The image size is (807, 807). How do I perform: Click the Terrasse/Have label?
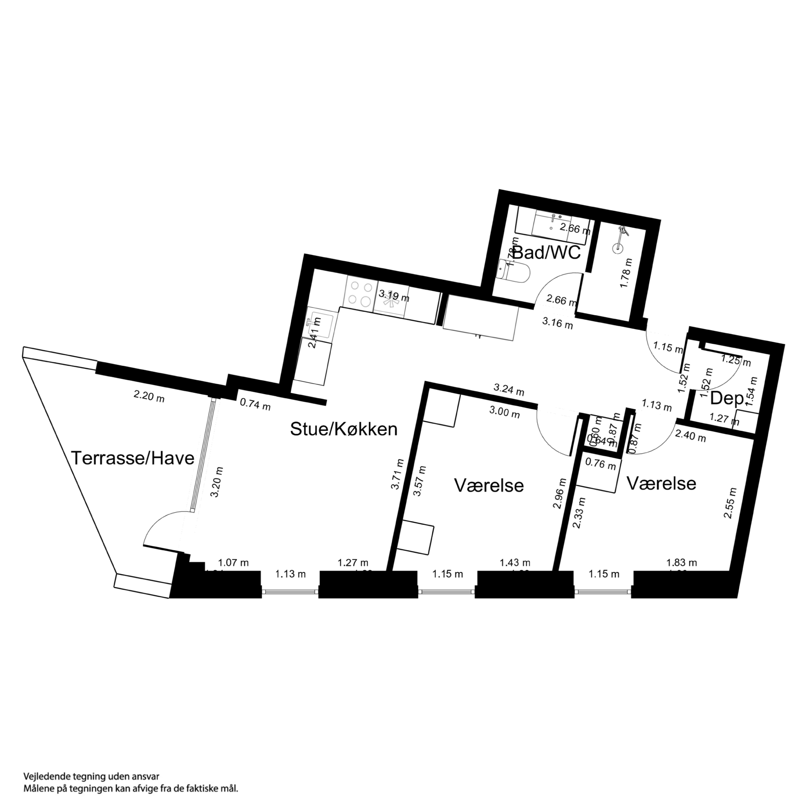tap(132, 458)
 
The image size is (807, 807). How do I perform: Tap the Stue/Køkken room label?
tap(343, 429)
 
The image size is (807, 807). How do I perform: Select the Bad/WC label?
tap(546, 252)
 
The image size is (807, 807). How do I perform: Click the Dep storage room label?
tap(726, 399)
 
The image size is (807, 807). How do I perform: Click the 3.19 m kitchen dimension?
tap(394, 296)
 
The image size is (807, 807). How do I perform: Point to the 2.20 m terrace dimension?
tap(149, 396)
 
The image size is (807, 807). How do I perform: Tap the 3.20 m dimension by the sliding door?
tap(217, 481)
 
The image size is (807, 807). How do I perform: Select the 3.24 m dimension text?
tap(509, 390)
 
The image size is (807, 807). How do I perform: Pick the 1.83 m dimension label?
tap(682, 562)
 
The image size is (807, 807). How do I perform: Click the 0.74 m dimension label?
tap(255, 405)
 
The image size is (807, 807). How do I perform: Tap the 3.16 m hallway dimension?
tap(558, 323)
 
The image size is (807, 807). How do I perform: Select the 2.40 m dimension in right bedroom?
tap(691, 436)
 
